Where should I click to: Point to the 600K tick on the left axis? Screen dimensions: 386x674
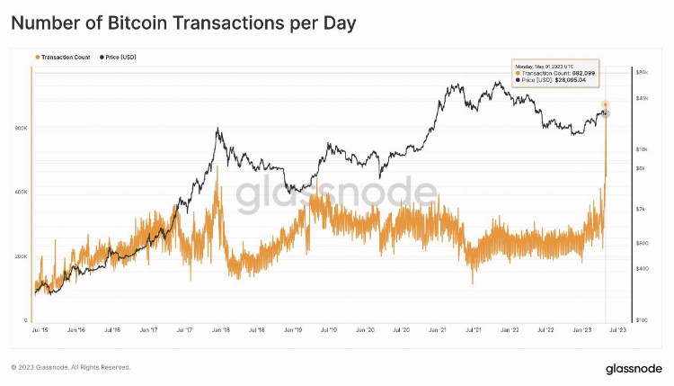coord(22,128)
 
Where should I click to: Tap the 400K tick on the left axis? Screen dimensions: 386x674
coord(22,193)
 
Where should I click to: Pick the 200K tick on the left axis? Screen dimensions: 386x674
coord(22,257)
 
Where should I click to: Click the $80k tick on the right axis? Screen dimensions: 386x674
coord(642,71)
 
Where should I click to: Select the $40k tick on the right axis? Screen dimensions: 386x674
coord(642,98)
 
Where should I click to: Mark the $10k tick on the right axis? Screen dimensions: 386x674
coord(642,148)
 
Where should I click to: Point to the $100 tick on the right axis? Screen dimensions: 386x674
coord(642,320)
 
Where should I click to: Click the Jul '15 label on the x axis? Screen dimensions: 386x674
coord(40,331)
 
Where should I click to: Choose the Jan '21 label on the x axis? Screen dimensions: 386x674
coord(438,331)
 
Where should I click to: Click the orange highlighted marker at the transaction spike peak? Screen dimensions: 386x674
coord(606,105)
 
